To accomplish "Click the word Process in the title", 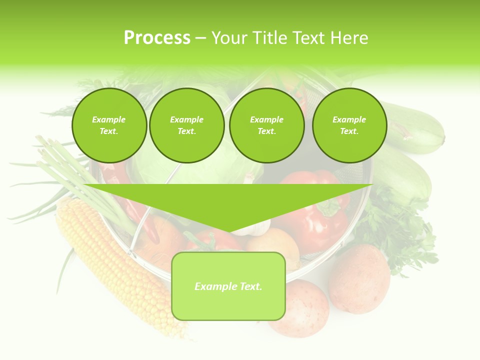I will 157,38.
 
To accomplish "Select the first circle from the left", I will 109,125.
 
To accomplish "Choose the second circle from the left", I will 187,125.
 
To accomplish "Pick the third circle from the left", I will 266,125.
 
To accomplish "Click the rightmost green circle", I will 349,125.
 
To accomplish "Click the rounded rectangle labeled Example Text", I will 228,286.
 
